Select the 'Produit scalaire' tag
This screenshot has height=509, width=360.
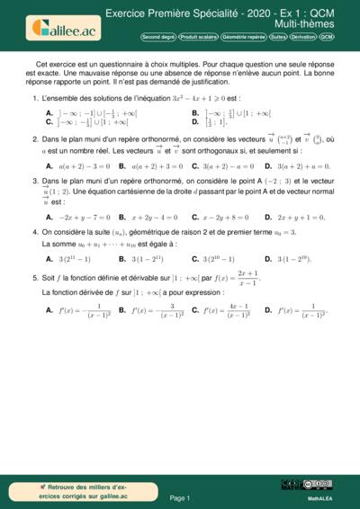click(197, 38)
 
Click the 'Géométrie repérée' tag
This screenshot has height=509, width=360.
click(242, 38)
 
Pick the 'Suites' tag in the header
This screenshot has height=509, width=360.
click(278, 38)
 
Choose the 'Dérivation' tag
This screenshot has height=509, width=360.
click(303, 38)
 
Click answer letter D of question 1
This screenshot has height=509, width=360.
click(195, 122)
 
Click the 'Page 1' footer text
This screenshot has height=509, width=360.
click(179, 497)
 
